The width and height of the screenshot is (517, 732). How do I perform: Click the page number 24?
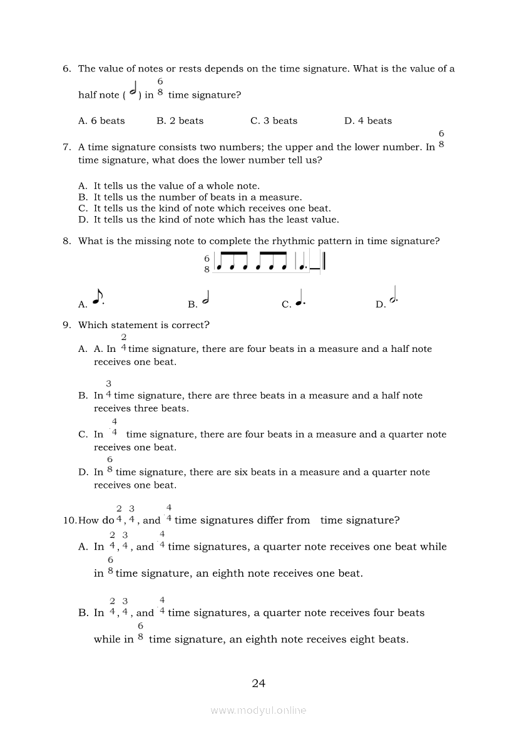(258, 683)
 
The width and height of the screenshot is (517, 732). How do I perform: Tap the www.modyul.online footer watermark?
(258, 710)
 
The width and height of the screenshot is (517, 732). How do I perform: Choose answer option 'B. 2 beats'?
(180, 121)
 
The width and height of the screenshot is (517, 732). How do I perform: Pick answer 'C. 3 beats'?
(274, 121)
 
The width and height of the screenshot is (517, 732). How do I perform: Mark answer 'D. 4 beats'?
(368, 121)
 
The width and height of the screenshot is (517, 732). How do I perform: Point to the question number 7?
(66, 147)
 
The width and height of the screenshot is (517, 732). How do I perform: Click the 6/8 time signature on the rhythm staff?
(207, 264)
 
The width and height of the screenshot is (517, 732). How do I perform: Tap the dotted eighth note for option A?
(98, 298)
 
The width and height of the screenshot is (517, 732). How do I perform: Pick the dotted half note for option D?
(394, 296)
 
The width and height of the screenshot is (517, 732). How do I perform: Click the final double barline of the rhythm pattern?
(324, 261)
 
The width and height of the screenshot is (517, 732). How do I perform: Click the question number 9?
(66, 325)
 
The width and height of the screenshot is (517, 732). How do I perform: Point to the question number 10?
(69, 520)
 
